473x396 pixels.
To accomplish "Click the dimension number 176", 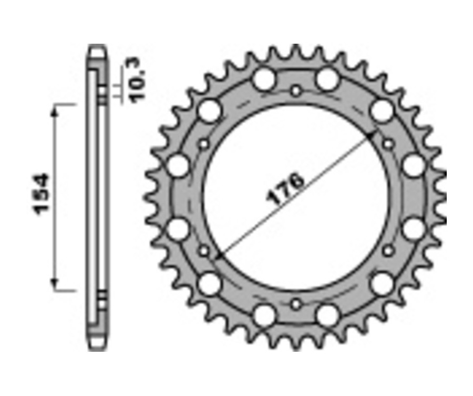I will point(286,188).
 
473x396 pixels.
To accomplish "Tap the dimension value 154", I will point(42,194).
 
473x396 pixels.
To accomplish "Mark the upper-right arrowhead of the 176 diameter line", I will point(373,136).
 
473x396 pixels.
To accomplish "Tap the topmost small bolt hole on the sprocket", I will point(296,91).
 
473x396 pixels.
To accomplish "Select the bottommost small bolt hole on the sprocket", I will point(296,304).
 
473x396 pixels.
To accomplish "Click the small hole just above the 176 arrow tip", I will point(388,144).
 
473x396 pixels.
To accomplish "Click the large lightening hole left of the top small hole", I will point(264,80).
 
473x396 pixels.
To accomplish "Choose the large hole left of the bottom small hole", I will point(264,315).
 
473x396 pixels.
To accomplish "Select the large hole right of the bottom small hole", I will point(328,315).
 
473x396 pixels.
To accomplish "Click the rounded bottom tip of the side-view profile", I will point(97,346).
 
